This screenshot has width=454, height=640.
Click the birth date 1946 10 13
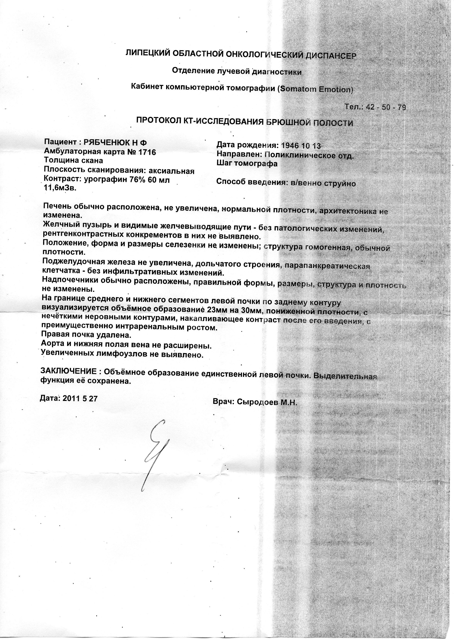tap(300, 146)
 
